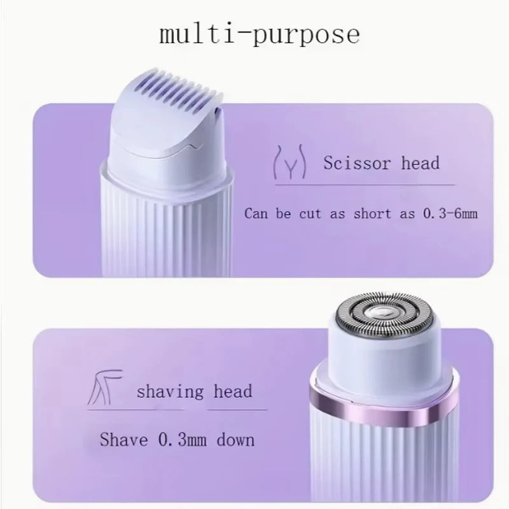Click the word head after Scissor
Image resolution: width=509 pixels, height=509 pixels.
[421, 163]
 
